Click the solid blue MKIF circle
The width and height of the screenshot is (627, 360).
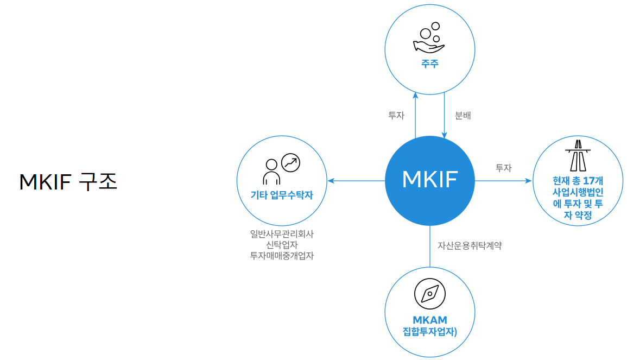(x=429, y=180)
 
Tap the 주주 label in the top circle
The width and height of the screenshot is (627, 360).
(x=429, y=64)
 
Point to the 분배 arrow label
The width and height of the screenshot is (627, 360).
(x=463, y=116)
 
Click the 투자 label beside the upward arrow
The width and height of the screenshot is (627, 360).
(x=396, y=116)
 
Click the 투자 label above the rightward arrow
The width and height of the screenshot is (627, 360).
(x=503, y=168)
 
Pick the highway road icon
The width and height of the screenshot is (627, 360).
(x=578, y=156)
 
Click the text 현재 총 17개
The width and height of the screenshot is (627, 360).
(x=578, y=181)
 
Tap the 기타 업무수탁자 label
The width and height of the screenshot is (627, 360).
(x=282, y=195)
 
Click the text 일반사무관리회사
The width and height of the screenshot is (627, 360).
(x=282, y=234)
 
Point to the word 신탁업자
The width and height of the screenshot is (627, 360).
(x=282, y=245)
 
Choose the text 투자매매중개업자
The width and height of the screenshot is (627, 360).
(x=282, y=256)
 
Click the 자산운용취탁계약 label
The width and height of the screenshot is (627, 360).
(x=470, y=245)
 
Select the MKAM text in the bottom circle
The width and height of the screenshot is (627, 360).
(x=429, y=320)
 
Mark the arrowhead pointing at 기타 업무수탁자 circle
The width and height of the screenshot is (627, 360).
(x=330, y=181)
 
